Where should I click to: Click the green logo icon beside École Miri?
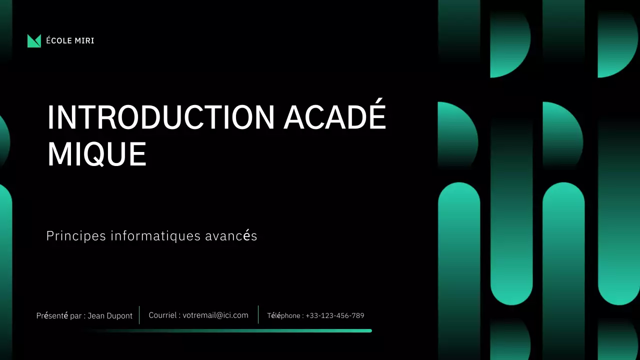click(34, 41)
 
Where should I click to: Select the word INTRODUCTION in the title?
click(160, 117)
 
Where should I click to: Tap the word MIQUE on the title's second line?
click(96, 154)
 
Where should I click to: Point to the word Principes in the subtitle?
click(76, 236)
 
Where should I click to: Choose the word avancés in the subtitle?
click(231, 236)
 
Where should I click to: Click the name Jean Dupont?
click(110, 316)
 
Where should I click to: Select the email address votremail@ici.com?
click(215, 315)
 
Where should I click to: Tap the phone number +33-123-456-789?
click(335, 316)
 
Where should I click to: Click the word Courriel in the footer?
click(162, 315)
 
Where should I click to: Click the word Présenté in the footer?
click(52, 316)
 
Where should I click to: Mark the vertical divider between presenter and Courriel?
click(139, 315)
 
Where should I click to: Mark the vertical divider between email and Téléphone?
click(258, 315)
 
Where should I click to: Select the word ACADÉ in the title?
click(335, 117)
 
